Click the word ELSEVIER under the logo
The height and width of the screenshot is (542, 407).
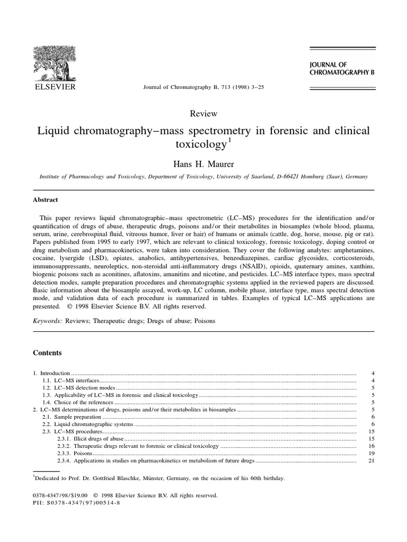tap(55, 86)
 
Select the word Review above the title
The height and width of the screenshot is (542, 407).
tap(203, 113)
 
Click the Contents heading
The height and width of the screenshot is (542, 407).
tap(48, 353)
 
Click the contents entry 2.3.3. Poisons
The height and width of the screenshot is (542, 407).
tap(74, 454)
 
